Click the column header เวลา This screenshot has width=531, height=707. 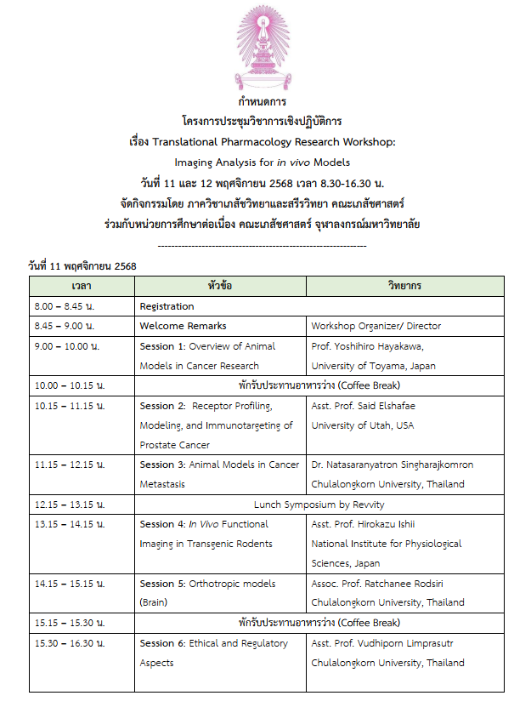pyautogui.click(x=82, y=286)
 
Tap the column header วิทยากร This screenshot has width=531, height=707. pyautogui.click(x=404, y=286)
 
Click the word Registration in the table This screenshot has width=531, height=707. pyautogui.click(x=167, y=306)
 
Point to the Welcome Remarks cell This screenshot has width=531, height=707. pyautogui.click(x=183, y=326)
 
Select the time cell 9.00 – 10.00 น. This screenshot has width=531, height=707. pyautogui.click(x=67, y=346)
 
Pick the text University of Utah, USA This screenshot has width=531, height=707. pyautogui.click(x=363, y=425)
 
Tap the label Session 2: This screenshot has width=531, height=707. pyautogui.click(x=162, y=406)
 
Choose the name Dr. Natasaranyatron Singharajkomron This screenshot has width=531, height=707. pyautogui.click(x=393, y=465)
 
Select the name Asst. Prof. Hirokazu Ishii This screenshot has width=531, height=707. pyautogui.click(x=363, y=524)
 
